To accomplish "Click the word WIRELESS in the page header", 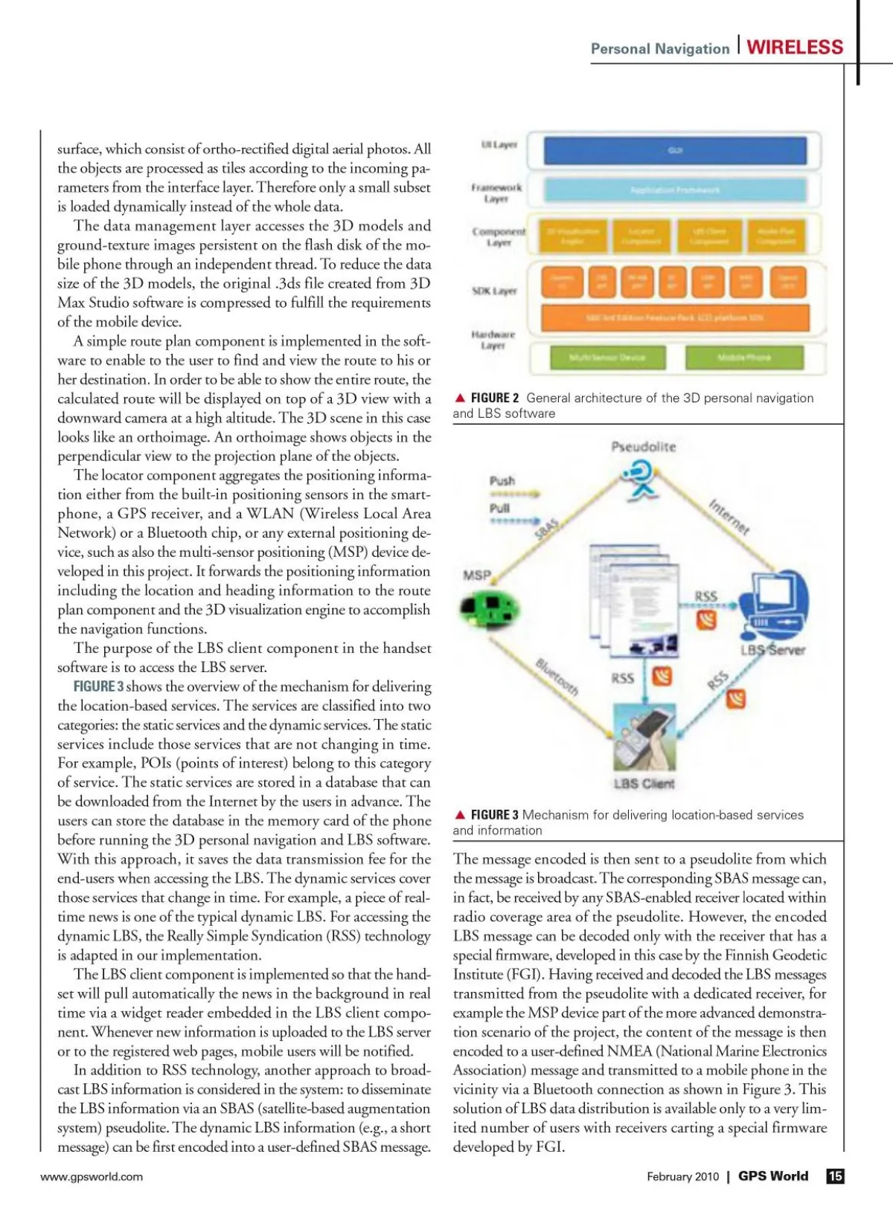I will point(795,48).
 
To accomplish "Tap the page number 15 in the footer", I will point(836,1176).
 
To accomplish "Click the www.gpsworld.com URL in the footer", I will point(92,1176).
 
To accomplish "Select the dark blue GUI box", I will point(675,150).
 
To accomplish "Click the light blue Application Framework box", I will point(675,190).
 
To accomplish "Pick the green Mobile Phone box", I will point(743,358).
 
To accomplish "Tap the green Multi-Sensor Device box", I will point(607,358).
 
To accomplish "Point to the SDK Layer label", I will point(494,291).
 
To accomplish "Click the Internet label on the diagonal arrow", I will point(729,517).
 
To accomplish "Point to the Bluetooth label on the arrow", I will point(557,677).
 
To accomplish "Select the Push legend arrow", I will point(514,494).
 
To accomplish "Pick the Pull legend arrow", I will point(514,520).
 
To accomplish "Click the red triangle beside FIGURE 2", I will point(460,398).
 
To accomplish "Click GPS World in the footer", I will point(772,1176).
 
